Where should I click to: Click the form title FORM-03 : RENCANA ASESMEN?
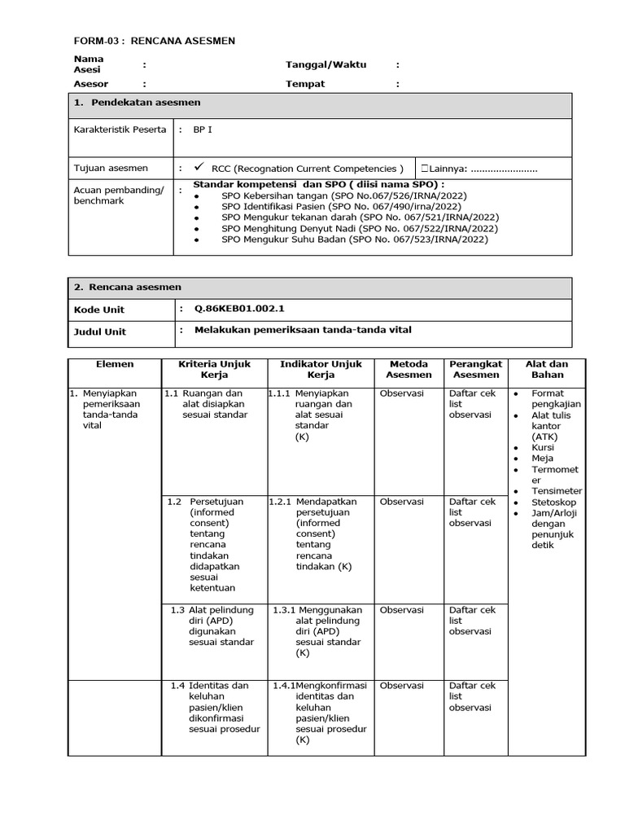155,41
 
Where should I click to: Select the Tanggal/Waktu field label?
314,64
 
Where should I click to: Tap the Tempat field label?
305,84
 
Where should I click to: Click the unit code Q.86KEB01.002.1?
239,309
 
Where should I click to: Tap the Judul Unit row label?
100,331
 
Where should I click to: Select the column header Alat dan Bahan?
547,369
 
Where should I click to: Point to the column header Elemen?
114,364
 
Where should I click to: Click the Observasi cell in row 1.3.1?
401,610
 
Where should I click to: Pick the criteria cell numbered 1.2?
215,544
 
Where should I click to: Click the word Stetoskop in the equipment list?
553,503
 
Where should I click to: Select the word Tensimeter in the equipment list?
557,491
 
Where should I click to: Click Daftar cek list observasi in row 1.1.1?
472,404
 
